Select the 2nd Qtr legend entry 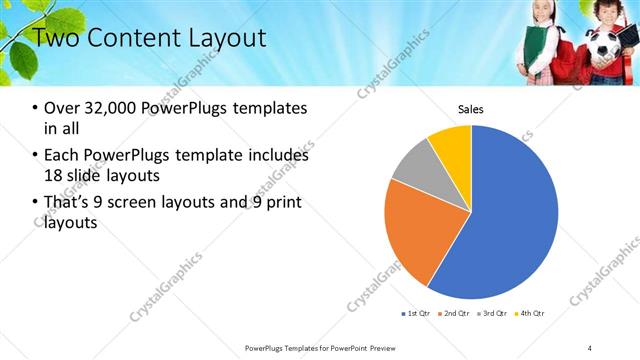pyautogui.click(x=455, y=314)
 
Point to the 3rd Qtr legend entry pyautogui.click(x=493, y=314)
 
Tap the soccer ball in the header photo pyautogui.click(x=604, y=45)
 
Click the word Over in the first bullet pyautogui.click(x=61, y=108)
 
